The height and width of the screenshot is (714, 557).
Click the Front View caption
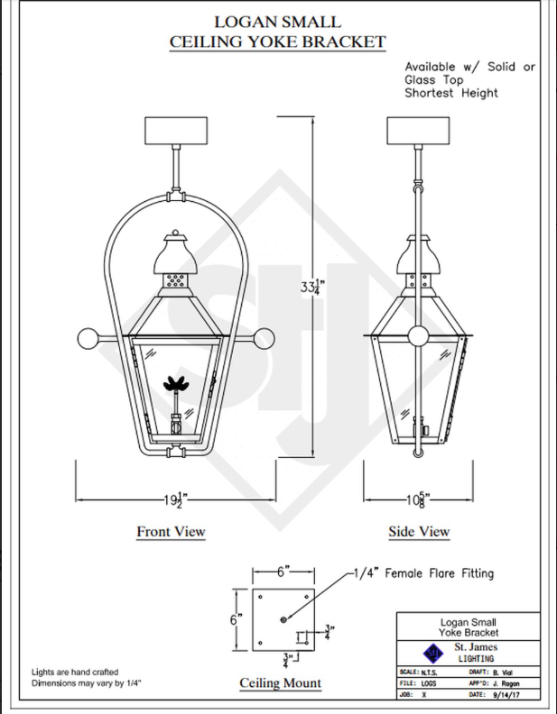pyautogui.click(x=171, y=531)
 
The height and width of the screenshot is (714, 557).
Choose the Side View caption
pyautogui.click(x=419, y=531)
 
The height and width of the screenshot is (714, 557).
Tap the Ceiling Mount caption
pyautogui.click(x=280, y=683)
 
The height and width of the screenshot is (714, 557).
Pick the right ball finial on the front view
pyautogui.click(x=265, y=340)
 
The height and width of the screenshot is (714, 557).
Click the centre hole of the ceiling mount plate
pyautogui.click(x=283, y=619)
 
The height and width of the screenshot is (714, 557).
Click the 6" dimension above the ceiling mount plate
pyautogui.click(x=283, y=572)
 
